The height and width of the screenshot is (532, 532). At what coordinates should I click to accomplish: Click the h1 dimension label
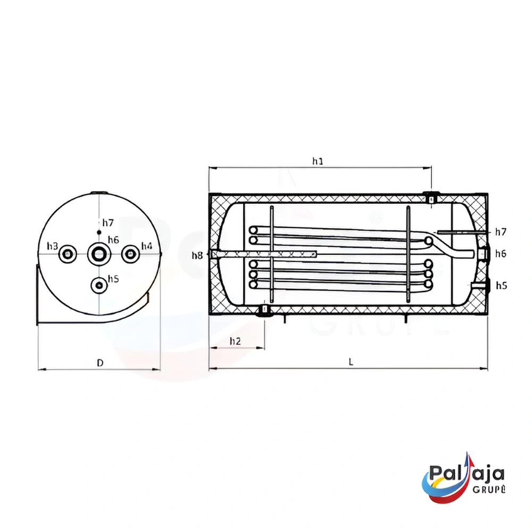318,161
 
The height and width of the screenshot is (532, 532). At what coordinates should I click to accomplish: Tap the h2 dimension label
235,341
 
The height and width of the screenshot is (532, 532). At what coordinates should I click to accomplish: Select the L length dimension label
351,362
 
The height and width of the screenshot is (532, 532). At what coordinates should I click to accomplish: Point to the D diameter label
100,363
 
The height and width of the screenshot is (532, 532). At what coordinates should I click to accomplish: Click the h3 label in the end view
53,246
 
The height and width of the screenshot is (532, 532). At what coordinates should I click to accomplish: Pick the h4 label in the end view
147,246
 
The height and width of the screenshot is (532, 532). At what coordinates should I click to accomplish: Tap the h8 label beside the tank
197,255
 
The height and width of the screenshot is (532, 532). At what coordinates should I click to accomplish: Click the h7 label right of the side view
501,232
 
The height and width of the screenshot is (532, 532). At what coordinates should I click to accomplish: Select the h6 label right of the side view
501,253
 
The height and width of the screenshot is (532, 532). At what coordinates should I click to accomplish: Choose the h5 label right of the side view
502,285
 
